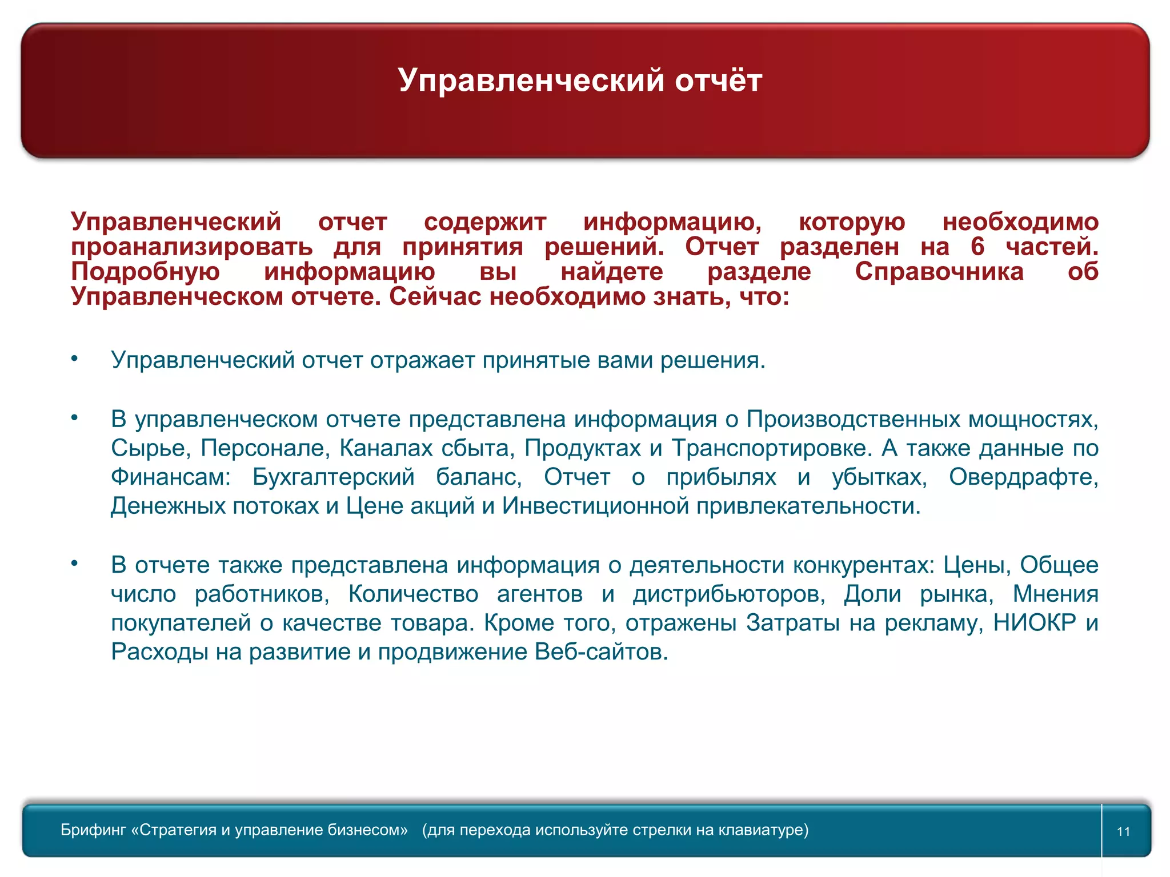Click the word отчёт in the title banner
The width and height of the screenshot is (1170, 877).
tap(718, 80)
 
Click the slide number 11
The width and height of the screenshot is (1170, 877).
tap(1123, 831)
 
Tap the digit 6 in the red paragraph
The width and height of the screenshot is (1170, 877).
tap(977, 247)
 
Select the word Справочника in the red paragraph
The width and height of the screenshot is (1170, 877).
tap(939, 272)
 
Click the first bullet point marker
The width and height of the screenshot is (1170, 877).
tap(74, 359)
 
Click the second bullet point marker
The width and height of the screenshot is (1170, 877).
tap(74, 417)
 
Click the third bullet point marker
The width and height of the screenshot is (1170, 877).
tap(74, 564)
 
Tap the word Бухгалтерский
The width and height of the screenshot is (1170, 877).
tap(334, 477)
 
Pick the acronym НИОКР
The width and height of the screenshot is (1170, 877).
tap(1035, 623)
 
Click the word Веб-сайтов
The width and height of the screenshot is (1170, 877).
tap(601, 652)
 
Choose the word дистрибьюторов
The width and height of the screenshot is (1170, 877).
tap(728, 594)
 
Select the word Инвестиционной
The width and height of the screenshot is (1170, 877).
tap(596, 506)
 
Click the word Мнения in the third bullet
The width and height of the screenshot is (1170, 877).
tap(1055, 594)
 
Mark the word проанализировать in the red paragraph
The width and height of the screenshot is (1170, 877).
tap(192, 247)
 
